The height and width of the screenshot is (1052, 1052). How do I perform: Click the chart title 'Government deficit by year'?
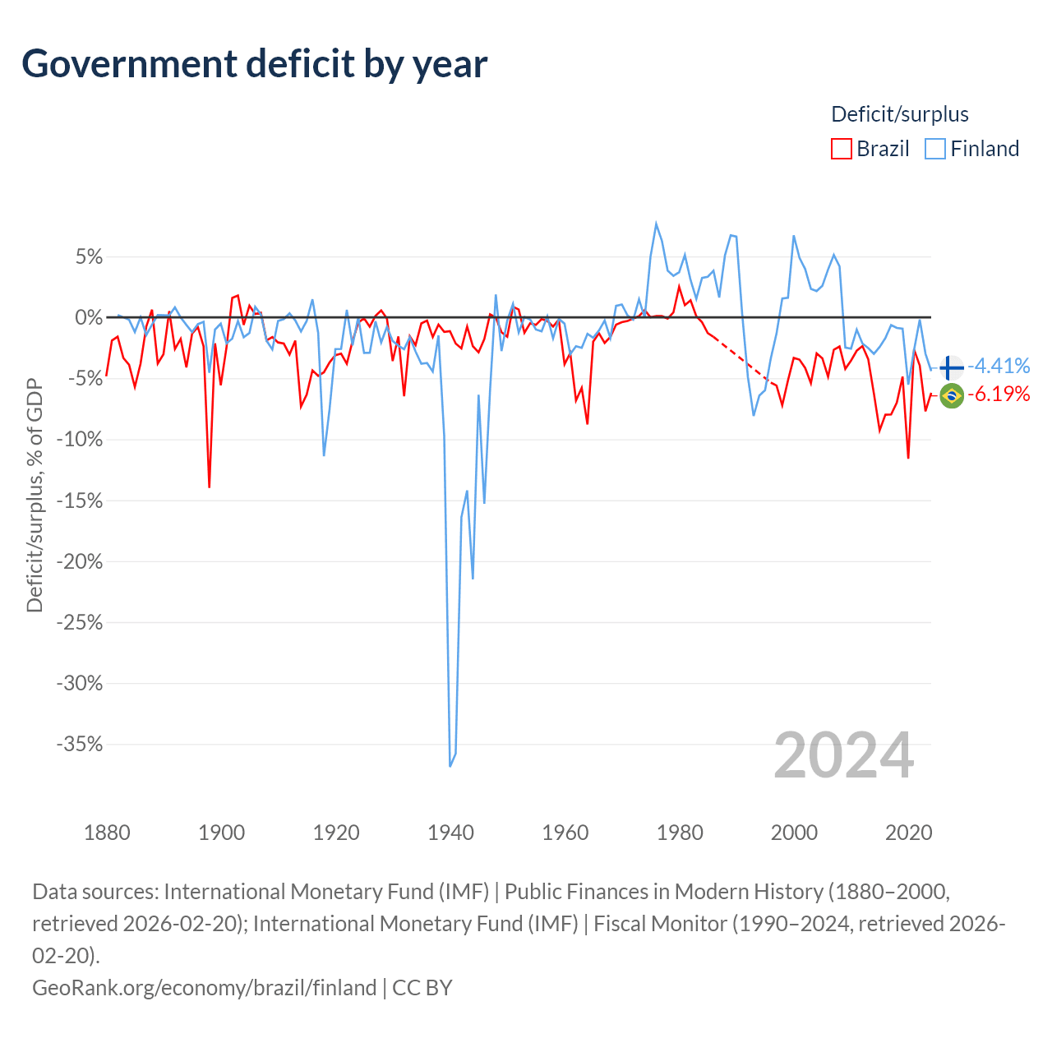click(x=254, y=64)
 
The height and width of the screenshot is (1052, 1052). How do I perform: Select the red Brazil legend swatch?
click(x=841, y=149)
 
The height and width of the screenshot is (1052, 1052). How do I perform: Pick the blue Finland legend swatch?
click(x=934, y=149)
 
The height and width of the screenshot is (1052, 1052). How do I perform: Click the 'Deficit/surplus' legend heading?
click(x=899, y=114)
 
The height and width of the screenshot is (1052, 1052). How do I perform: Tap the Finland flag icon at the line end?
click(x=952, y=367)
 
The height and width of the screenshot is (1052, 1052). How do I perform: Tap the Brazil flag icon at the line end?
click(x=952, y=396)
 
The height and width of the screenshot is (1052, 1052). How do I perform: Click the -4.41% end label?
click(x=999, y=366)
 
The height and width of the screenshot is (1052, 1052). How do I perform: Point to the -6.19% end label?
click(x=999, y=394)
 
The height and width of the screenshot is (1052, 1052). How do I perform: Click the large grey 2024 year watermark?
click(x=843, y=755)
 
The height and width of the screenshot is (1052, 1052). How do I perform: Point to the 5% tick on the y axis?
click(x=89, y=256)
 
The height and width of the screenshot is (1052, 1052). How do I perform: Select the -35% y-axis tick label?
click(x=80, y=744)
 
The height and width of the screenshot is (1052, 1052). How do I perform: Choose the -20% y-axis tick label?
click(x=80, y=561)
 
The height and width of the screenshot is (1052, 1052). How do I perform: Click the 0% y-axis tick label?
click(x=89, y=317)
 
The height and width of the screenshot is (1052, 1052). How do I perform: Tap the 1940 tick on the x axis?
click(x=450, y=833)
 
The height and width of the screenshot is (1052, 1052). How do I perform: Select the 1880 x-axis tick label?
click(x=107, y=833)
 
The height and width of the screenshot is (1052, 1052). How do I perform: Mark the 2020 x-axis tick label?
click(x=908, y=833)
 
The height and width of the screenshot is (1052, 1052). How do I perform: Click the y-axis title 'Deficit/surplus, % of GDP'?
click(x=35, y=495)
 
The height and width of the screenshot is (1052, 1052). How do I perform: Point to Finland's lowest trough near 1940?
click(x=450, y=766)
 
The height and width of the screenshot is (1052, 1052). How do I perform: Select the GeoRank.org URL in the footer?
click(x=204, y=988)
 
